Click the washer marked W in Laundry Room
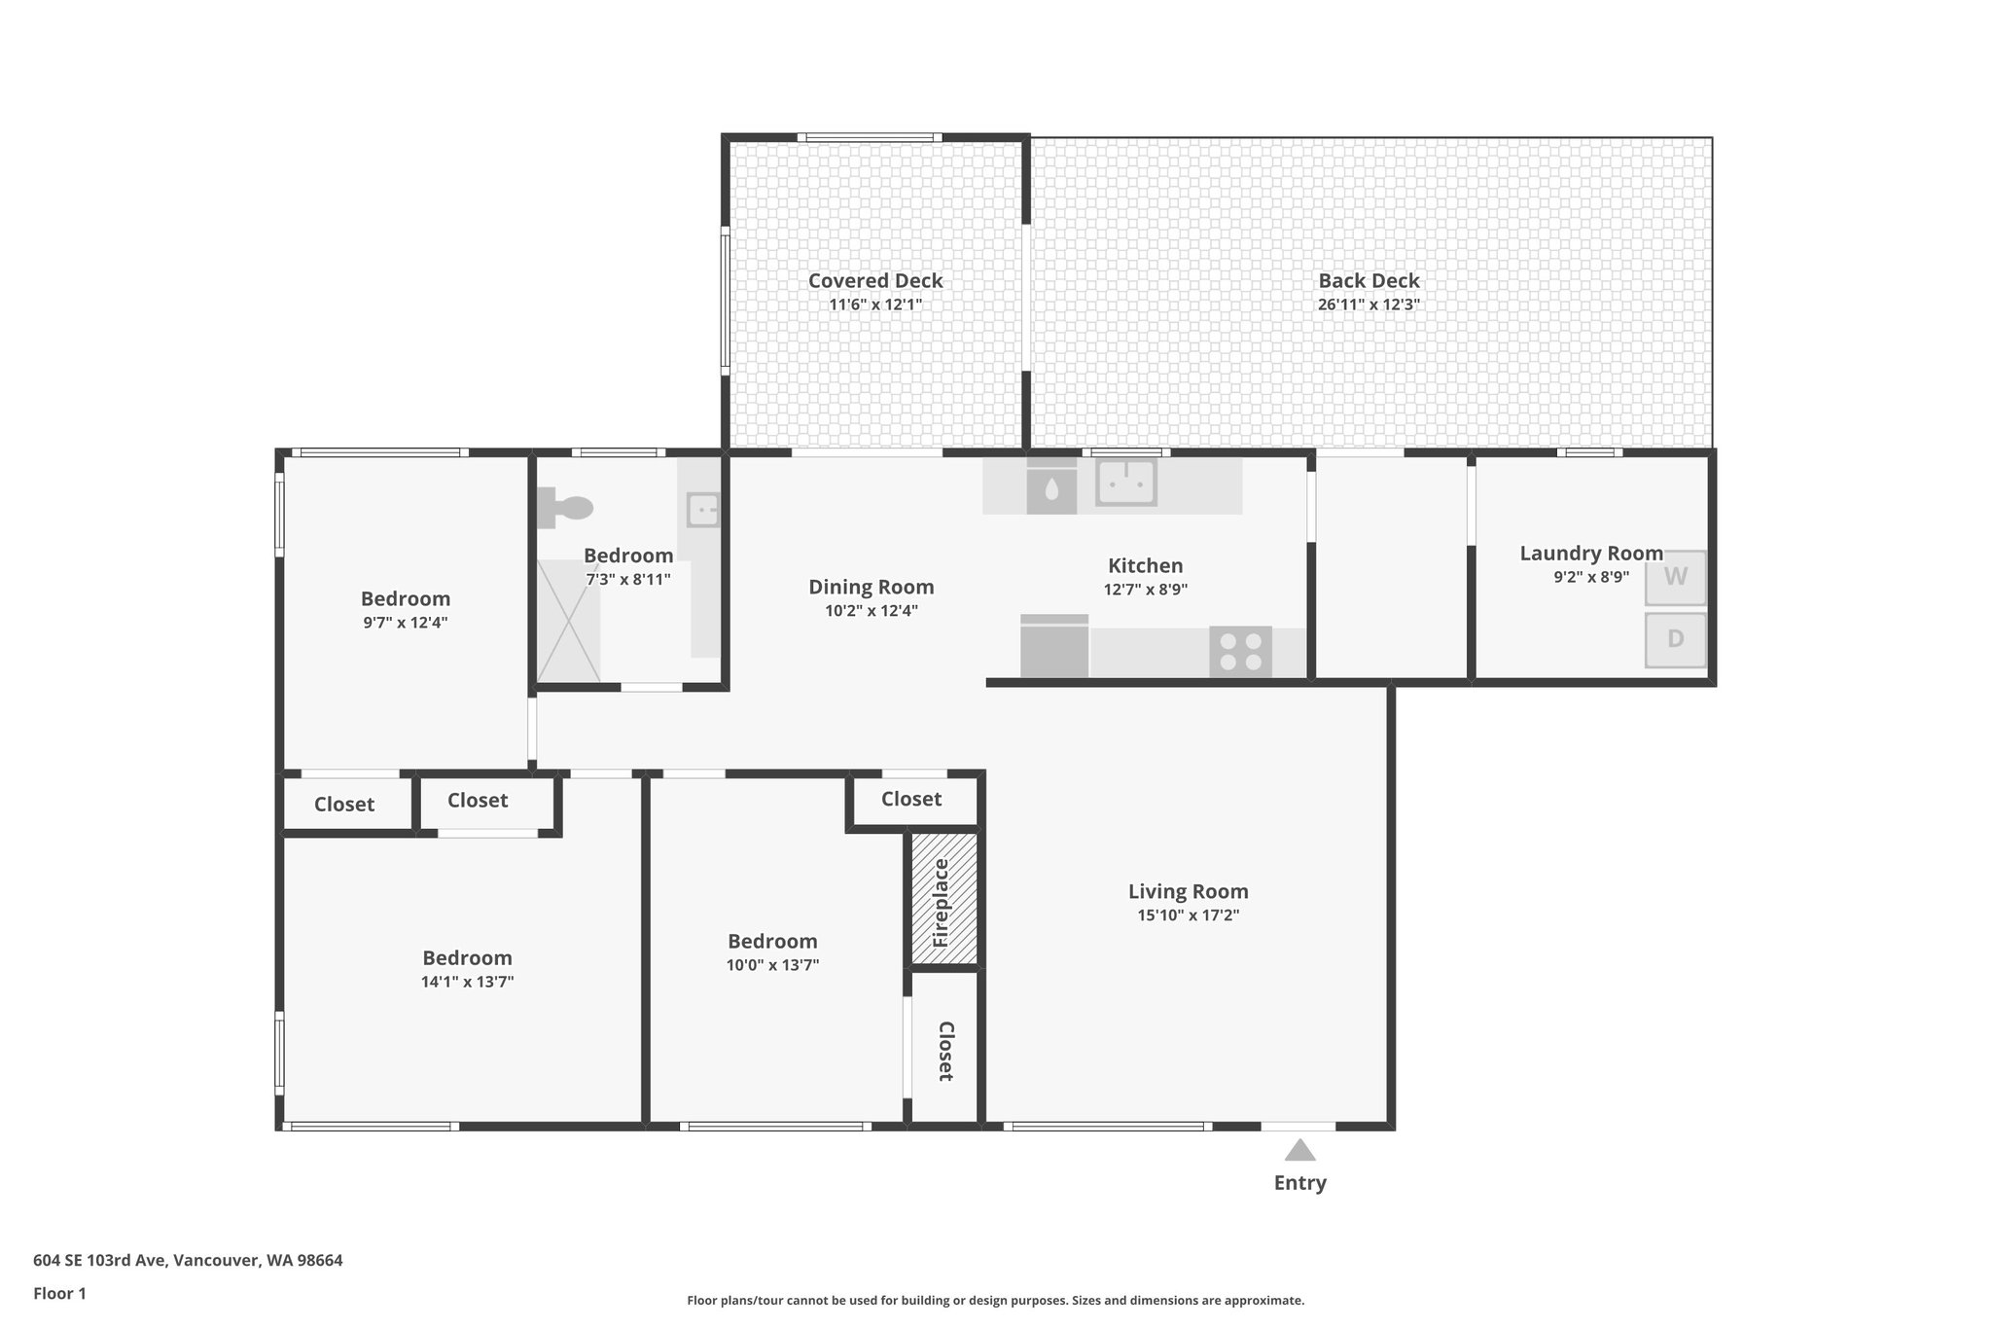1675,577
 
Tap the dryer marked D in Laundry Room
1675,639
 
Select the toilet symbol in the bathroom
565,508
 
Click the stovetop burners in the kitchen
1240,652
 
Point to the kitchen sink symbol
1125,483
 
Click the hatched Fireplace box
943,899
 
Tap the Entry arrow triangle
1299,1151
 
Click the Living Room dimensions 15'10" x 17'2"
1188,915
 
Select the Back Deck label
1369,281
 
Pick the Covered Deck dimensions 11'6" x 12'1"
874,305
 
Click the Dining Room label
871,587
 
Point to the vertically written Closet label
944,1052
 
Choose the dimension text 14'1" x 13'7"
467,982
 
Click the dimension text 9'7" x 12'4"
405,623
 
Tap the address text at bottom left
188,1260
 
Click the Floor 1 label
59,1293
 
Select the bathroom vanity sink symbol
702,509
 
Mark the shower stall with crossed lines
568,620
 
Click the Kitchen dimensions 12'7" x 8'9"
1145,590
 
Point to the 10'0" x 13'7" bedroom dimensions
772,965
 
